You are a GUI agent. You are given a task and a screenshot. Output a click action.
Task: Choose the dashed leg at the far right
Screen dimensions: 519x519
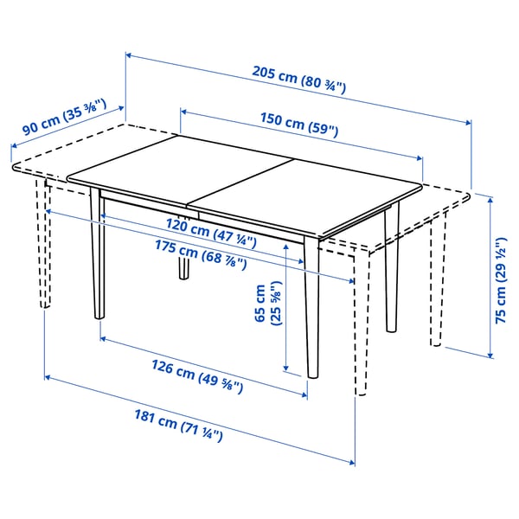tap(435, 277)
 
